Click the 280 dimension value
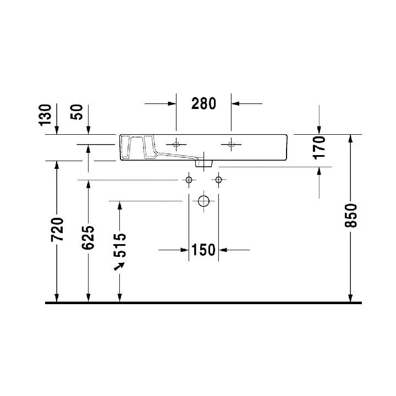(204, 103)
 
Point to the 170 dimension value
(320, 147)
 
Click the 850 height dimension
(352, 215)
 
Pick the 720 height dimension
(57, 230)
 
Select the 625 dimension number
(89, 237)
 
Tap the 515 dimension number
(120, 245)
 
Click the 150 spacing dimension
(204, 250)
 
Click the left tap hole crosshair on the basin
(176, 145)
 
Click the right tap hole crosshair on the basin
(231, 145)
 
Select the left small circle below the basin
(189, 180)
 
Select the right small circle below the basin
(219, 180)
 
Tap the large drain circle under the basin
(204, 201)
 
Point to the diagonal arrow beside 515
(118, 266)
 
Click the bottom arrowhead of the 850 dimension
(350, 298)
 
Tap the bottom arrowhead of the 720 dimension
(57, 298)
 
